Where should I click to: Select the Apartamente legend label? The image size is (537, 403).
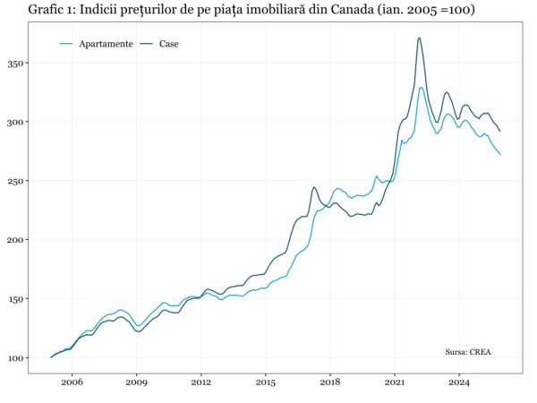click(x=106, y=44)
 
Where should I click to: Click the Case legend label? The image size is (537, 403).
click(x=169, y=44)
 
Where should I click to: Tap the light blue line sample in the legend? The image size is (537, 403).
click(x=66, y=44)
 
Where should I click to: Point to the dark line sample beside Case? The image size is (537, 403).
click(x=148, y=44)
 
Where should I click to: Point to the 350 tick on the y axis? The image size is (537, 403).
click(x=17, y=64)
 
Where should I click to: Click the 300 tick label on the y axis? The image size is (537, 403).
click(x=17, y=122)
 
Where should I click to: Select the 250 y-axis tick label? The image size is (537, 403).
click(x=17, y=181)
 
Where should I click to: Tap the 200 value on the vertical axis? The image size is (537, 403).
click(x=17, y=240)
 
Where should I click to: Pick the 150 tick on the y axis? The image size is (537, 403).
click(x=17, y=299)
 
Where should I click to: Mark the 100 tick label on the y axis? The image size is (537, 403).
click(x=17, y=358)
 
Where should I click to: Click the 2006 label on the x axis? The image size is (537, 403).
click(x=72, y=381)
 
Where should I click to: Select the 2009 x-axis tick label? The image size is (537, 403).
click(x=137, y=381)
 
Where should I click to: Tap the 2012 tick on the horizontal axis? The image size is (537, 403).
click(x=200, y=381)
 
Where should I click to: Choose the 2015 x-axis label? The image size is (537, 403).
click(x=265, y=381)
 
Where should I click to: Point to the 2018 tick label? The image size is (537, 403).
click(x=329, y=381)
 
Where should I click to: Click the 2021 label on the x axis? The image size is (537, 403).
click(x=394, y=381)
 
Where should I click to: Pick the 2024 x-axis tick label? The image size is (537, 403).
click(x=458, y=381)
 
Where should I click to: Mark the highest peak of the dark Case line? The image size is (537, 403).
click(x=419, y=38)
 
